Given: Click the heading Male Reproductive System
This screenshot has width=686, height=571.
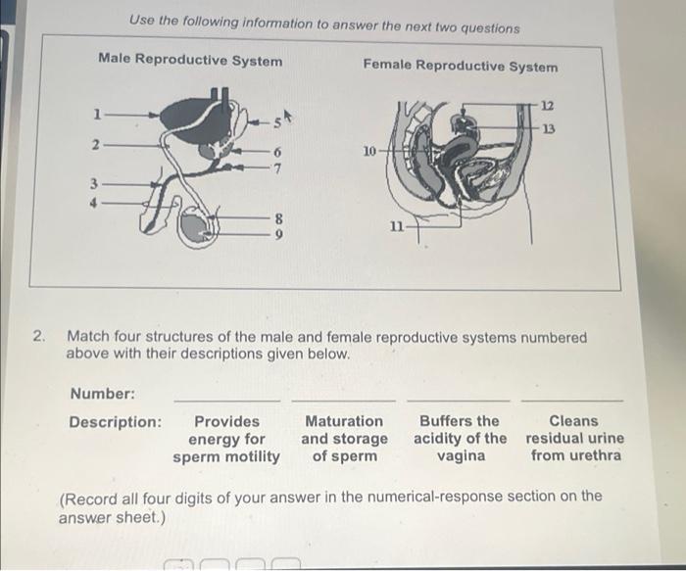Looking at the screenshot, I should point(190,61).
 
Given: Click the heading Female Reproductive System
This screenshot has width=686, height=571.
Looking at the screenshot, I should point(460,66).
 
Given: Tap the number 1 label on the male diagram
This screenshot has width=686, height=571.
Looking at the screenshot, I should point(96,114).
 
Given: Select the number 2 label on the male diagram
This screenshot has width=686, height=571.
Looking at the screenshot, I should point(95,146).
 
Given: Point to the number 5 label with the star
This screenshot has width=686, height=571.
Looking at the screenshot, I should point(277,121).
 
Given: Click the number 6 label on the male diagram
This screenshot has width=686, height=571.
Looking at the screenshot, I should point(277,152).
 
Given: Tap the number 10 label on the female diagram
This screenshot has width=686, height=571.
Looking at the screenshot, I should point(369,152).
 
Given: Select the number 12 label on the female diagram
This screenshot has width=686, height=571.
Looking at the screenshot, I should point(548,105).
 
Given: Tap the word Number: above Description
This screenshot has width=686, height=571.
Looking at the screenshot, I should point(102,394).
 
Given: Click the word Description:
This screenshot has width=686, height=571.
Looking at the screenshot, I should point(115,422).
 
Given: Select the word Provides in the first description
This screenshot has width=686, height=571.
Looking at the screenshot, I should point(226,422).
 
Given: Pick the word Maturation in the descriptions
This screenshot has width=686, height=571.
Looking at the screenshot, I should point(344,422).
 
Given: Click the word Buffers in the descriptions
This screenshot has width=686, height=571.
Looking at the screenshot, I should point(460,422).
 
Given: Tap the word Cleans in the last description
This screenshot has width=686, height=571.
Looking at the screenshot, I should point(573,422).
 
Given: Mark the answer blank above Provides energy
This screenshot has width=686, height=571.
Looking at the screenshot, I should point(226,399).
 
